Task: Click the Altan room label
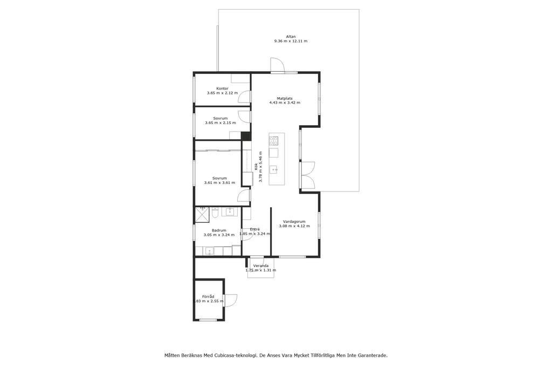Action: (x=291, y=36)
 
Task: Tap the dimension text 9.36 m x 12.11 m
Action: (x=291, y=41)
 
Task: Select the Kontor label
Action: (x=222, y=88)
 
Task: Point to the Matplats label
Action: (x=285, y=98)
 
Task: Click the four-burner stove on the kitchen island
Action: (x=273, y=141)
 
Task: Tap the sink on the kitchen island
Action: (x=273, y=170)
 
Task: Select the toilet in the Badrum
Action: (x=215, y=212)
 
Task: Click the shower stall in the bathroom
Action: (x=202, y=215)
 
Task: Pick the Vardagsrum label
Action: (x=294, y=222)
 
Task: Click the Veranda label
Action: (x=261, y=266)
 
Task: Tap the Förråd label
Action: (x=208, y=297)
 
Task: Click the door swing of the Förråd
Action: (x=232, y=300)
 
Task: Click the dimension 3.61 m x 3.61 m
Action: (x=219, y=183)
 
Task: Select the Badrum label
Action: (x=219, y=230)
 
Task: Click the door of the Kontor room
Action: (x=244, y=97)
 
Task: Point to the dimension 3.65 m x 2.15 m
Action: (x=220, y=123)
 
